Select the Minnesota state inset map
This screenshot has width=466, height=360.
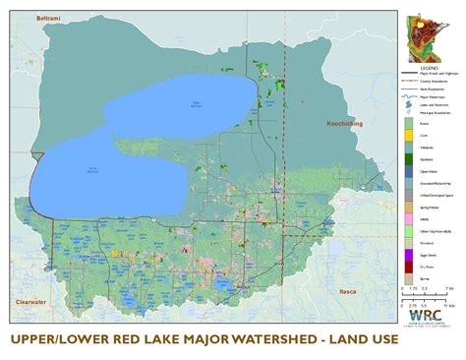click(x=425, y=33)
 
